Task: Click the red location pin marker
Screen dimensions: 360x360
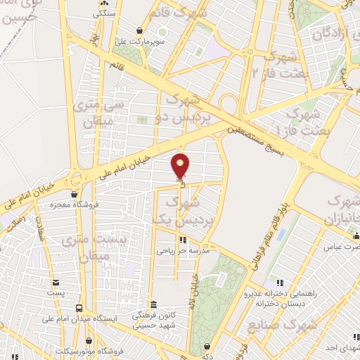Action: [181, 165]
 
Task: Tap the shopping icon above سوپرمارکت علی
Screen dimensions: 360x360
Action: [143, 31]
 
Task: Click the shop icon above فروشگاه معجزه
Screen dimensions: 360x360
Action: [75, 194]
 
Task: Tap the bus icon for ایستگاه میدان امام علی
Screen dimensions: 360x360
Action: [78, 308]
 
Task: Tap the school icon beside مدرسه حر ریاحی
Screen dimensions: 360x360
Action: [184, 240]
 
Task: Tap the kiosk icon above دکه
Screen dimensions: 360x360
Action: [207, 345]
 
